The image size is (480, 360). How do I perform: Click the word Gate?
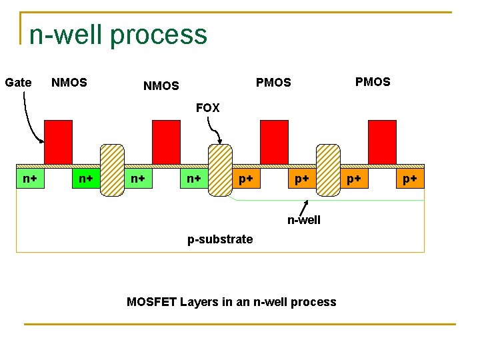pos(18,83)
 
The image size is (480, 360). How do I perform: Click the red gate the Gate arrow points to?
pos(58,141)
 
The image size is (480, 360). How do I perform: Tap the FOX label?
pos(207,108)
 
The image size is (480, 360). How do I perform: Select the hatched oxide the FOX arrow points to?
pos(220,170)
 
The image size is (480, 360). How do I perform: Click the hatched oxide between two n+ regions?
pos(112,170)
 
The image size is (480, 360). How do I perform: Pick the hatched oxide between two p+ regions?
pos(328,170)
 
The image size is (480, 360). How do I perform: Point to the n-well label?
pos(304,220)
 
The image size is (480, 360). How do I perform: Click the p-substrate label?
pos(220,239)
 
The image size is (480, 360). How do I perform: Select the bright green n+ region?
pos(85,179)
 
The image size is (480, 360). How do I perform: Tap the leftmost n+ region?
pos(30,179)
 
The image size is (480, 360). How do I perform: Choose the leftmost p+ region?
pos(246,179)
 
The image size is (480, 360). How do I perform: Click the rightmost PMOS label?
pos(373,82)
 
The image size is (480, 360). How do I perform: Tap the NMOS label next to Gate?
pos(69,83)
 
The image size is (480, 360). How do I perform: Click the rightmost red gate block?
pos(382,141)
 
